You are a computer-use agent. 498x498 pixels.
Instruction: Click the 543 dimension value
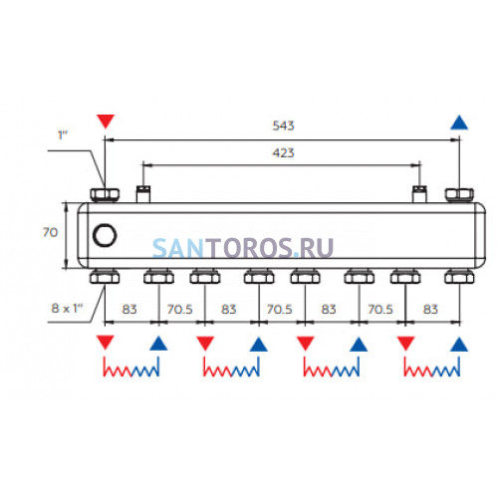coord(283,125)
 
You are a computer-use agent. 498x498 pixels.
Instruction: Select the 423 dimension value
coord(283,152)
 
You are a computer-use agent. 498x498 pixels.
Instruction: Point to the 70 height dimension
coord(50,232)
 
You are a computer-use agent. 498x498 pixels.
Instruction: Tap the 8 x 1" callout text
coord(67,308)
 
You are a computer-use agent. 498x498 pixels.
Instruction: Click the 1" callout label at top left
coord(63,135)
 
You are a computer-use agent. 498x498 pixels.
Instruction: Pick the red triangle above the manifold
coord(106,121)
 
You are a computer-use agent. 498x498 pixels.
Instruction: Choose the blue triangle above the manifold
coord(459,123)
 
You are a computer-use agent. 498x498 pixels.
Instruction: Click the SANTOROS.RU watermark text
coord(243,248)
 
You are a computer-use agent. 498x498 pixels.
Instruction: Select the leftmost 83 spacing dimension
coord(129,309)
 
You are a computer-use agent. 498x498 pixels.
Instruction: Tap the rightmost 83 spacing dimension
coord(430,309)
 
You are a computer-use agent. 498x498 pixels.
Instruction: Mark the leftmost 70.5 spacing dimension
coord(179,309)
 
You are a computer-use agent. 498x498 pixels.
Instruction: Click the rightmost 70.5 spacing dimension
coord(380,309)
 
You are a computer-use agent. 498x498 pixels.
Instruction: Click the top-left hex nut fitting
coord(105,195)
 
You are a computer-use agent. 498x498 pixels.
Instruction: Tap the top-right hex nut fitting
coord(459,195)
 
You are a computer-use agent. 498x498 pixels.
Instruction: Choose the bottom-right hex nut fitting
coord(459,277)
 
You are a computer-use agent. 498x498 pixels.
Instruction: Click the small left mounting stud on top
coord(143,194)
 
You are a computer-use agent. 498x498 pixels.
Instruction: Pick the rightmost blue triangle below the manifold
coord(459,344)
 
